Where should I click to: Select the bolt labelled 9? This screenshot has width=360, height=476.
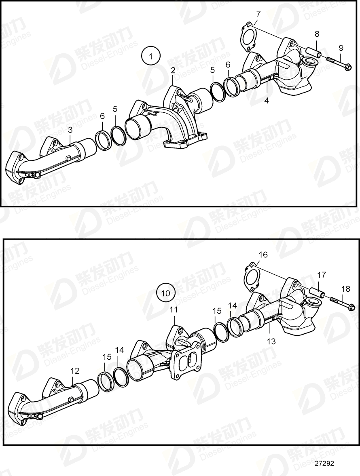pos(339,63)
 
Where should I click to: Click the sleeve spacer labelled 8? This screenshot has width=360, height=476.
pos(313,53)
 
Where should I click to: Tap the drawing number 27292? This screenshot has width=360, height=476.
pos(326,464)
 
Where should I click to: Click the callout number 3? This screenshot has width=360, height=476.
pos(70,130)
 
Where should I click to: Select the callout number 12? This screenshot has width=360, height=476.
pos(75,370)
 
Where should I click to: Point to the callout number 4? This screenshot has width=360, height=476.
pos(267,101)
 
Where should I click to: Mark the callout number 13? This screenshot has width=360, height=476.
pos(271,341)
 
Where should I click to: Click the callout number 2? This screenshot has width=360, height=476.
pos(173,70)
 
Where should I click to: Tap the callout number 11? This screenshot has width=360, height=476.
pos(174,310)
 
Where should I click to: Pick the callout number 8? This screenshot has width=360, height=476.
pos(317,34)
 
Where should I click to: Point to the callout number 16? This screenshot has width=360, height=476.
pos(263,255)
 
